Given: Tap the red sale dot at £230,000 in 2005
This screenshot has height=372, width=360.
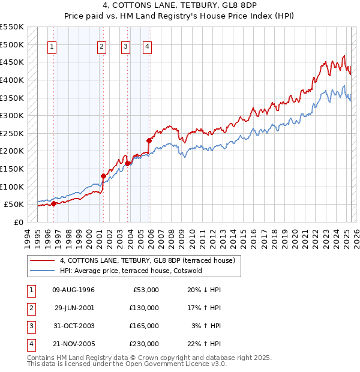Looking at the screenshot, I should (149, 140).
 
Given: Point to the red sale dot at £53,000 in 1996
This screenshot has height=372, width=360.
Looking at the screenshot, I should (53, 203).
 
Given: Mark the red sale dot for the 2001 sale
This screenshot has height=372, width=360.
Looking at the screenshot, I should (103, 176).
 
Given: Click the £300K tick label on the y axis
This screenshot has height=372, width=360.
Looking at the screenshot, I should (12, 115).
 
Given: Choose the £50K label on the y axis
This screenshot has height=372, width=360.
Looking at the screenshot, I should (14, 204).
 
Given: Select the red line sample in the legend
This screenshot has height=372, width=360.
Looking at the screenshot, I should (42, 260).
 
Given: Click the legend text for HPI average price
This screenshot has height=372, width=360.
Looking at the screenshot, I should (131, 271).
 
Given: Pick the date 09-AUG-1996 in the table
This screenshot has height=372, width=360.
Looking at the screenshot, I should (74, 290).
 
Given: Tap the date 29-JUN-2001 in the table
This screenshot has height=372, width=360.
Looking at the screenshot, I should (74, 308).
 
